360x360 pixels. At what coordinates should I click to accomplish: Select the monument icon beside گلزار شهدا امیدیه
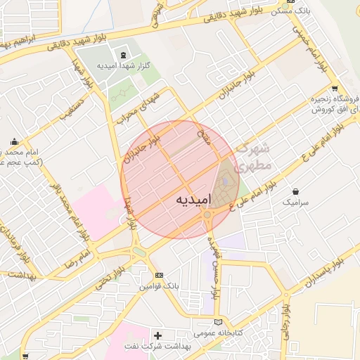coord(124,55)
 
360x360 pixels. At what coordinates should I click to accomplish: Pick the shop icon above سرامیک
coord(295,191)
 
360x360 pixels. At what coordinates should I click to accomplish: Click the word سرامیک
coord(296,202)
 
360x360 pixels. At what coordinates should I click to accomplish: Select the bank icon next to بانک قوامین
coord(159,275)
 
